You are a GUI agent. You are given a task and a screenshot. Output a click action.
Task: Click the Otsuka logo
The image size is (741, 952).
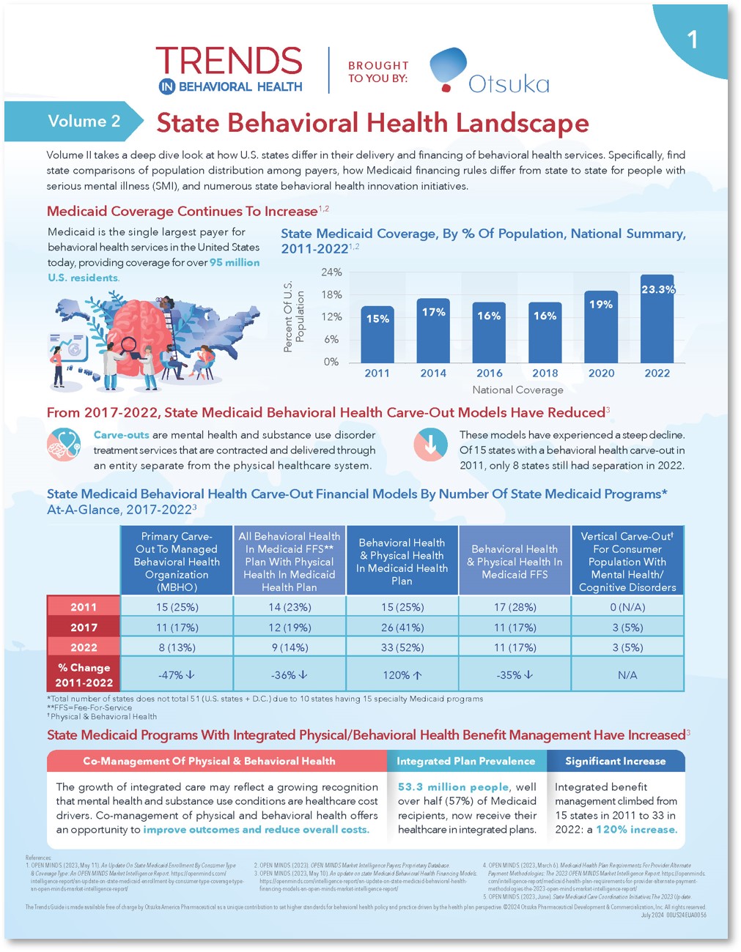click(489, 72)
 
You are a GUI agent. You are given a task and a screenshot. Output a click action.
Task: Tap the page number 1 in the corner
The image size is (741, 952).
click(692, 40)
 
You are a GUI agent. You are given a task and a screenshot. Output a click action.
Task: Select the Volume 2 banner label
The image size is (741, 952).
click(84, 122)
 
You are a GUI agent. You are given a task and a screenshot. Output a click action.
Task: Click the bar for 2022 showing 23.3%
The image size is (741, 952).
click(657, 319)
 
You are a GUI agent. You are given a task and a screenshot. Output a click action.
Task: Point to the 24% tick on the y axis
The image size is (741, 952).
click(331, 272)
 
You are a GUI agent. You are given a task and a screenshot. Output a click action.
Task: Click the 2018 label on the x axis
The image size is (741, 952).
click(545, 373)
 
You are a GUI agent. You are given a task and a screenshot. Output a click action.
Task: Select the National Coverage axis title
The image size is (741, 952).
click(517, 390)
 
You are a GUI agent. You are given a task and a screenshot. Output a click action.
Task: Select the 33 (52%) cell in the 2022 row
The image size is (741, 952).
click(402, 647)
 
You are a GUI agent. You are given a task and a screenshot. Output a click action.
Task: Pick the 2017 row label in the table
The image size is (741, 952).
click(84, 628)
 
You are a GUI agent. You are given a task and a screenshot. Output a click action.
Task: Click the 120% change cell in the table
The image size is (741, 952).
click(402, 675)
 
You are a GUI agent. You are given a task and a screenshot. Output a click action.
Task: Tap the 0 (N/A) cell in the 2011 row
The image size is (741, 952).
click(627, 607)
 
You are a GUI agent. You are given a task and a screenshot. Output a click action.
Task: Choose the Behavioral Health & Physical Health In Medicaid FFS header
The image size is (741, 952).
click(515, 562)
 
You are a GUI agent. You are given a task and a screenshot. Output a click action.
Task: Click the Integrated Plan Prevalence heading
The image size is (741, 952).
click(465, 762)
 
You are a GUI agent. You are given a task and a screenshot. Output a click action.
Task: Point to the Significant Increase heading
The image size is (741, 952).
click(615, 762)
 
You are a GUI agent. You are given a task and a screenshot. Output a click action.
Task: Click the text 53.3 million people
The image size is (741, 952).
click(453, 787)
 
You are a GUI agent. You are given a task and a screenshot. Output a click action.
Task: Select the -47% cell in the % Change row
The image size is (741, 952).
click(176, 675)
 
